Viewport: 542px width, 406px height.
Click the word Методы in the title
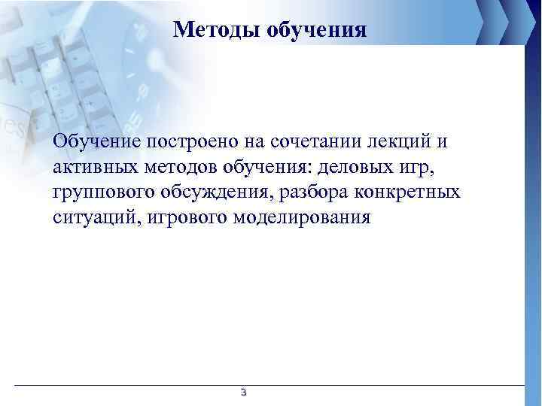point(212,29)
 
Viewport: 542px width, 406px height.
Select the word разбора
point(316,192)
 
